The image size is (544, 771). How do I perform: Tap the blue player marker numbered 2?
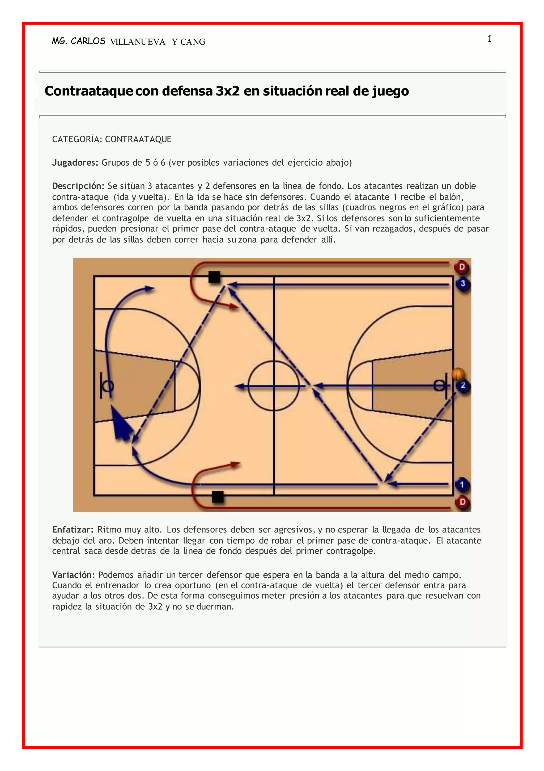pos(463,386)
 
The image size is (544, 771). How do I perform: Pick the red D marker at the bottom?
pos(462,502)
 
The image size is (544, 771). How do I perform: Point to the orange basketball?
pos(458,374)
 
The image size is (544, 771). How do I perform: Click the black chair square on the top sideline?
pos(214,277)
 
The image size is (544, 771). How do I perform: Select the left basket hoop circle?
pos(108,386)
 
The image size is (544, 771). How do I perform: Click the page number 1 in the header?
pos(490,39)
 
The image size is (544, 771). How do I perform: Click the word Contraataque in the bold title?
pos(89,91)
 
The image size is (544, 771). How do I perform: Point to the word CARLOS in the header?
pos(88,41)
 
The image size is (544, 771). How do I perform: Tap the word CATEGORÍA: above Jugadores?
pos(77,139)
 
